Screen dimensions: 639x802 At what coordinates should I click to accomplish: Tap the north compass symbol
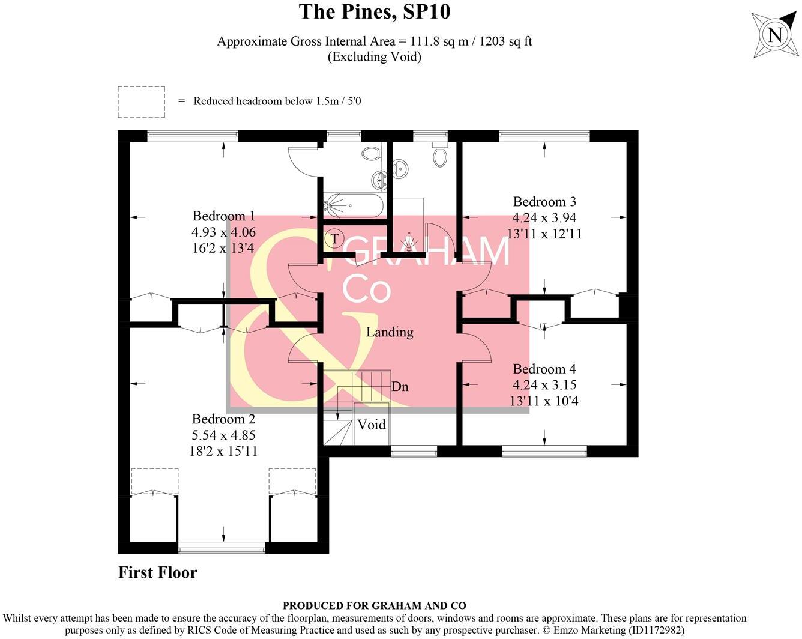[775, 35]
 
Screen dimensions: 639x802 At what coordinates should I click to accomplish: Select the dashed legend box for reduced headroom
[141, 102]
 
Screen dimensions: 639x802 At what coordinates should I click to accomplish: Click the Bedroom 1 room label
[223, 216]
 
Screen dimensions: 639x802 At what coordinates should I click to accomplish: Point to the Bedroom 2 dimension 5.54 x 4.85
[223, 435]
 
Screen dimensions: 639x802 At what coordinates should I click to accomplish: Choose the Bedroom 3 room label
[544, 202]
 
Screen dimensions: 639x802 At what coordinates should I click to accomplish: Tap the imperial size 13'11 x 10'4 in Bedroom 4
[544, 401]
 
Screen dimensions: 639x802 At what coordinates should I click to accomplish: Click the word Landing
[390, 332]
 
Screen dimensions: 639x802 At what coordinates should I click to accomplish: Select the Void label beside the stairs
[371, 425]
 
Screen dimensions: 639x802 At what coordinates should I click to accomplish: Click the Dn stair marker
[400, 387]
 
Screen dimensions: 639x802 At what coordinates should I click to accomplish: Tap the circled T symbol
[334, 239]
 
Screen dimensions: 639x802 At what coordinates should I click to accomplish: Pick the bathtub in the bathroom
[352, 205]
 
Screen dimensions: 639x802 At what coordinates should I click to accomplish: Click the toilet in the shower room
[441, 156]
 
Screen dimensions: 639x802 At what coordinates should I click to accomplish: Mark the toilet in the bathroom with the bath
[372, 153]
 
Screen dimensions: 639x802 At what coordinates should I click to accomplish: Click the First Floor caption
[157, 572]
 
